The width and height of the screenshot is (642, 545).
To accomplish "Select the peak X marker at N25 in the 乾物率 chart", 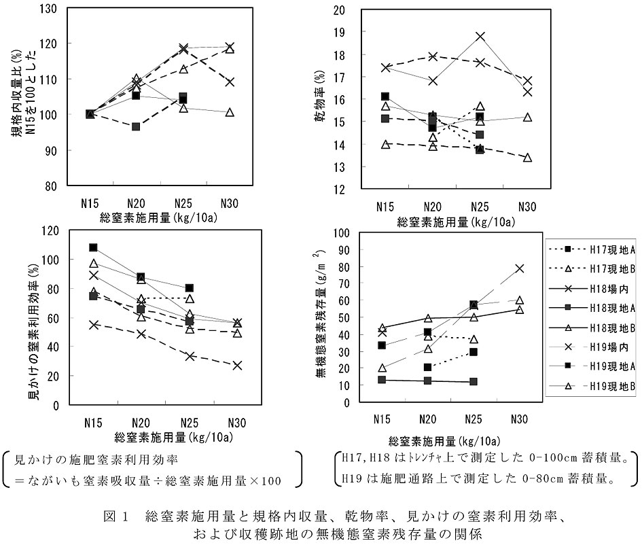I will click(480, 36).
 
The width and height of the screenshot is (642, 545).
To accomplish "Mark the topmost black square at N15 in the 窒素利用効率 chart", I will click(94, 247).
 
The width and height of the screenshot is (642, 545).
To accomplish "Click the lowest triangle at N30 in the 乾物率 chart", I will click(527, 158).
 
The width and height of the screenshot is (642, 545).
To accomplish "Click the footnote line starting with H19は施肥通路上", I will click(486, 480).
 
